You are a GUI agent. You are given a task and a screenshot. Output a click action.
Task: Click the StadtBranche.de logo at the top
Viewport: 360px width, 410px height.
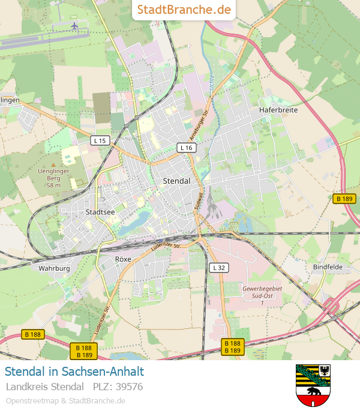(184, 10)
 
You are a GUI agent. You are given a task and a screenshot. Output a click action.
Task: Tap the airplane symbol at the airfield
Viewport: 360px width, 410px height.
(74, 26)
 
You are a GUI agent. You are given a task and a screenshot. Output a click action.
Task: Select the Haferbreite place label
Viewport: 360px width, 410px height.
(278, 110)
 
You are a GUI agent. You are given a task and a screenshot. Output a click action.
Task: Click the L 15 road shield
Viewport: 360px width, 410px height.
(100, 140)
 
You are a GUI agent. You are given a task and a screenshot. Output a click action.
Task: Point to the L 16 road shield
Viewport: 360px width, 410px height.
(186, 148)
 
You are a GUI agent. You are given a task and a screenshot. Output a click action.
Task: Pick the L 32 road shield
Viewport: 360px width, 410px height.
(218, 268)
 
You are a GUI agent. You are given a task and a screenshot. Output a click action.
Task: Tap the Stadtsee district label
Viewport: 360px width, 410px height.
(100, 212)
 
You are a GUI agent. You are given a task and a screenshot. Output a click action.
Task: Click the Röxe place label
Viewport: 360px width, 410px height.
(122, 259)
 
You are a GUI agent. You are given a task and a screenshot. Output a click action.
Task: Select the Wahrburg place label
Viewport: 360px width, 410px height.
(54, 268)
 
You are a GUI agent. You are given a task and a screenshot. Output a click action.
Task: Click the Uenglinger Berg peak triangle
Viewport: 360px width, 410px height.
(53, 164)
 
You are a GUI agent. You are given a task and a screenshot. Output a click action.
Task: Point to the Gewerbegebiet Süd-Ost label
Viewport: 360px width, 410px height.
(262, 292)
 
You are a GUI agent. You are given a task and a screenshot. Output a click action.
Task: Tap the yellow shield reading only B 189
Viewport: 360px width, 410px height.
(344, 199)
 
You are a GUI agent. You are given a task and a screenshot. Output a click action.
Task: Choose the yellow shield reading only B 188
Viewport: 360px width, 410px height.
(34, 334)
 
